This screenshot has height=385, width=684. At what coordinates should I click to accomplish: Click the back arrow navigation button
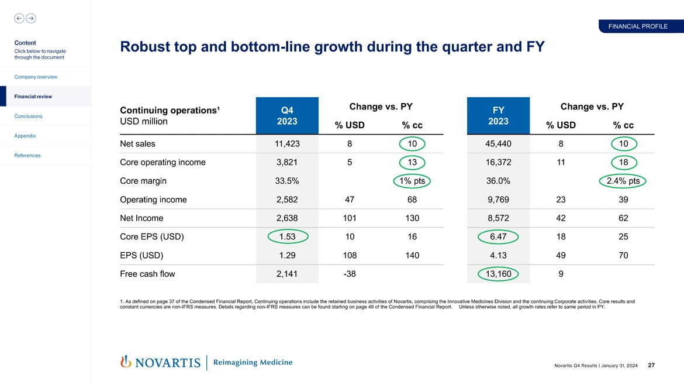19,18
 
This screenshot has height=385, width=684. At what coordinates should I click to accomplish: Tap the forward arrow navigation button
31,18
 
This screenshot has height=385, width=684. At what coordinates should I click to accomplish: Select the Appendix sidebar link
25,136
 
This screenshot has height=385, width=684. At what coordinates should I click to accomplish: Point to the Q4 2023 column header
287,116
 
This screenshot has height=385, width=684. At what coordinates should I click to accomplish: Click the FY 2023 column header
498,116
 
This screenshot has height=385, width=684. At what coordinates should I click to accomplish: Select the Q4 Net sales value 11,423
287,144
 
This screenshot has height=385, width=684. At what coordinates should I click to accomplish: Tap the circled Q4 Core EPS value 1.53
287,237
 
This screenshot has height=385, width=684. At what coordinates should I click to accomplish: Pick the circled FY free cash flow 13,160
498,274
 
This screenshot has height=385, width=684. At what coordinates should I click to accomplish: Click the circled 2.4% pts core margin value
623,181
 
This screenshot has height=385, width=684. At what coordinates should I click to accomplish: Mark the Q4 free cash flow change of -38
349,274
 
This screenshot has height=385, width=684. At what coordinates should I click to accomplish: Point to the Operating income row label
153,200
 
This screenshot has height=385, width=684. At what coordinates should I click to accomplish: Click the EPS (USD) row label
141,256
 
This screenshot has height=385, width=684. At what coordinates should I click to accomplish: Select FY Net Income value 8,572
498,218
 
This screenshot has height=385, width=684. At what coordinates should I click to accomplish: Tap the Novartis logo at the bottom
160,362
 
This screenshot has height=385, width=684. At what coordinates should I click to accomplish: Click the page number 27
651,366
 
